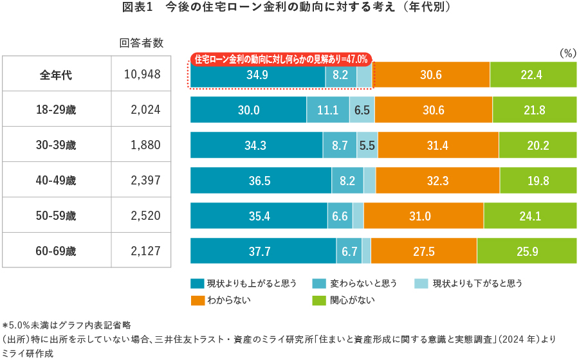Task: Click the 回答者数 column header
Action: [142, 43]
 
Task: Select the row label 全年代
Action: [56, 75]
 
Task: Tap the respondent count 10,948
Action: [142, 75]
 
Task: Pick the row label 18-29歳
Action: [56, 110]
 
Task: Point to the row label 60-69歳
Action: [56, 251]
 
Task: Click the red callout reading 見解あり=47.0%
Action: [281, 59]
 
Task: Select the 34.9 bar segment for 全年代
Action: [257, 75]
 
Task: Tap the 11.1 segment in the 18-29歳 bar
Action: [328, 110]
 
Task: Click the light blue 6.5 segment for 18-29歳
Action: [362, 110]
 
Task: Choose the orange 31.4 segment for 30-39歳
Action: [437, 145]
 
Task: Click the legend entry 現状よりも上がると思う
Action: [244, 283]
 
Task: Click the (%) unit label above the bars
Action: [567, 53]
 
